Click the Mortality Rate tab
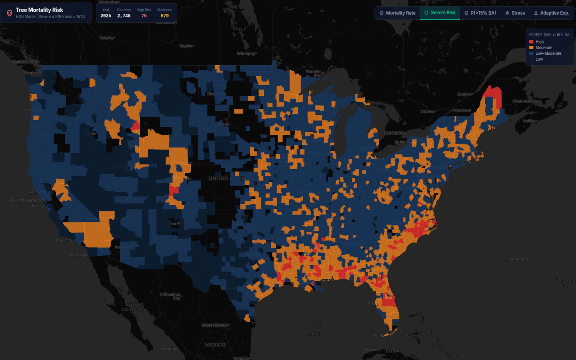(397, 13)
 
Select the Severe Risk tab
(440, 13)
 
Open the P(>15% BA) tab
(480, 13)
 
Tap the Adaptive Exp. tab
(552, 13)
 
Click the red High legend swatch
(531, 42)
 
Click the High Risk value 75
(144, 16)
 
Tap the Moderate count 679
(165, 16)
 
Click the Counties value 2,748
(124, 16)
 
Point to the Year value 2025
(106, 16)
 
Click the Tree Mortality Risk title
(39, 10)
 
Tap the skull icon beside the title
(10, 13)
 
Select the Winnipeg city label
(246, 54)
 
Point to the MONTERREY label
(215, 325)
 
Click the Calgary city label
(107, 38)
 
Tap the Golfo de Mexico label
(316, 329)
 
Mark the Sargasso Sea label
(565, 283)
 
